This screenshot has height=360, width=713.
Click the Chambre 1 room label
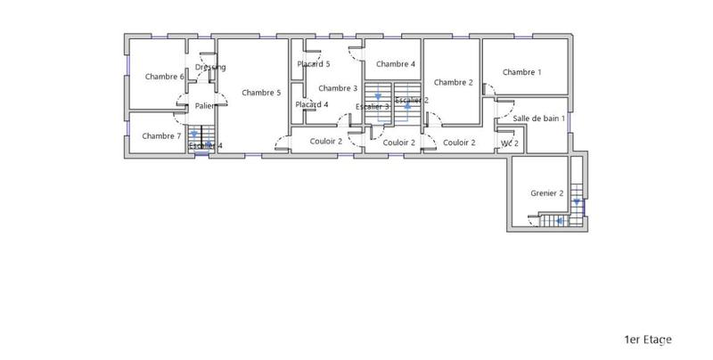[521, 72]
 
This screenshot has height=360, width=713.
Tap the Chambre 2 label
[454, 82]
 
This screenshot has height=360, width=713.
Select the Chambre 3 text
[338, 88]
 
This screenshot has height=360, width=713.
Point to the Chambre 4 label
[396, 64]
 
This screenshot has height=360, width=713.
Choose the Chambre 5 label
[261, 93]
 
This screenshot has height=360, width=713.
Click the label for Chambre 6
[165, 77]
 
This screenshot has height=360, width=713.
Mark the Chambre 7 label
[161, 136]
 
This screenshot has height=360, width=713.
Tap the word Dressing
[210, 68]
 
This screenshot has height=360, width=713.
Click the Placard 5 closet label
[314, 64]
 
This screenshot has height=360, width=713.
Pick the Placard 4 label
[312, 104]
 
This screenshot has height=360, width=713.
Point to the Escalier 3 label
[373, 107]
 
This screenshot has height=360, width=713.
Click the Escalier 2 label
[412, 100]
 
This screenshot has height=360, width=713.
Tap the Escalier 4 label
[206, 145]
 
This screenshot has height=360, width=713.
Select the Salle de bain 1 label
[538, 119]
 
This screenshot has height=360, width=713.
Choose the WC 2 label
[510, 143]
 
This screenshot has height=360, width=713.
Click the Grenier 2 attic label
[547, 192]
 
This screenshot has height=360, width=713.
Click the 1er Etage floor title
[648, 340]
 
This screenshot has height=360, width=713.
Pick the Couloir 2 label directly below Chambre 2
[459, 143]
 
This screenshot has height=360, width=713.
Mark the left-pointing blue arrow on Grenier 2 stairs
[559, 222]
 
